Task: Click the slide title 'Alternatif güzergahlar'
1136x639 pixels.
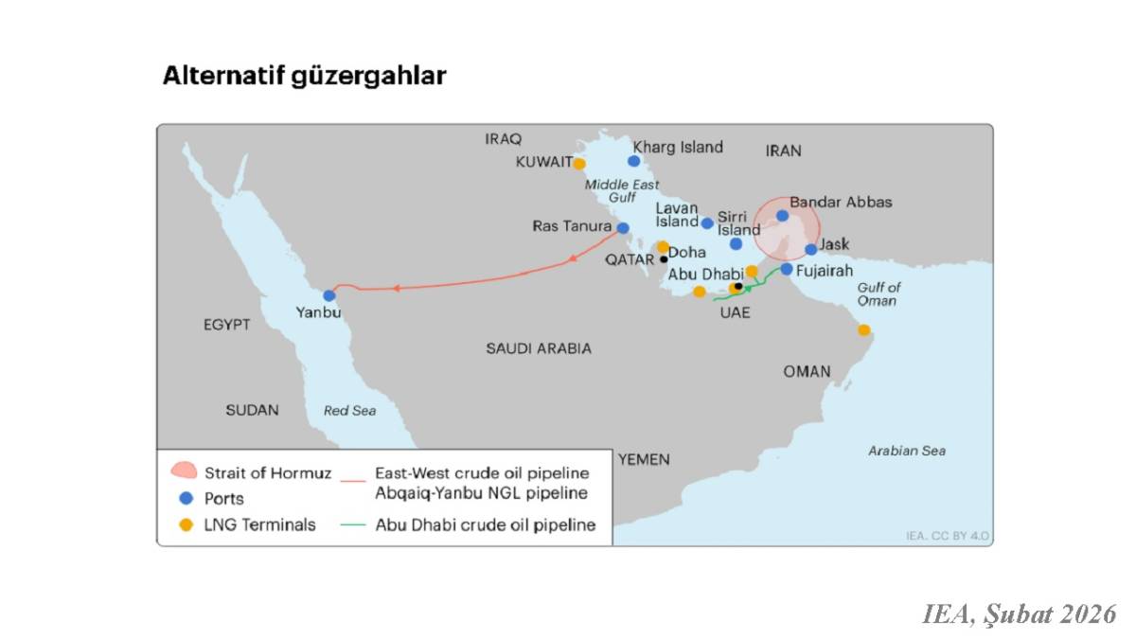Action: (x=304, y=76)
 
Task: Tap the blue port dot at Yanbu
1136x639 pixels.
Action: (x=329, y=295)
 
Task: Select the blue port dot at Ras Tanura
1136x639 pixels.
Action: (x=623, y=228)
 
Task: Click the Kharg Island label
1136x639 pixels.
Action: (x=678, y=147)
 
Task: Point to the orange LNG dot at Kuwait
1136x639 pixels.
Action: (x=579, y=164)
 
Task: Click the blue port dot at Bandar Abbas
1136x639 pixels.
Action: (x=782, y=216)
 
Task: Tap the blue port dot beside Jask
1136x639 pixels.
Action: (x=811, y=250)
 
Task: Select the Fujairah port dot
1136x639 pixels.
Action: (x=787, y=269)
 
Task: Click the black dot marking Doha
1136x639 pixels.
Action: (x=664, y=259)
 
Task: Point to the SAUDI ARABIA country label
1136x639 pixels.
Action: (x=539, y=348)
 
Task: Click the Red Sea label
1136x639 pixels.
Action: (x=349, y=411)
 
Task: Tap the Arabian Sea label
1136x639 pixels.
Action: (x=906, y=451)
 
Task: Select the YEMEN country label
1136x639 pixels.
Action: (x=644, y=460)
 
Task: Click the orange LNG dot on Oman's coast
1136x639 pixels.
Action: (x=863, y=330)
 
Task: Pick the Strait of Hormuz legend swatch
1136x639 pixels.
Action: (x=183, y=471)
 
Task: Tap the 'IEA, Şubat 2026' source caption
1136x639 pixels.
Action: (x=1020, y=614)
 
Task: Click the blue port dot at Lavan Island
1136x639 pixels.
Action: (x=707, y=223)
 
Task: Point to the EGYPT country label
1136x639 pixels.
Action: (x=227, y=325)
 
